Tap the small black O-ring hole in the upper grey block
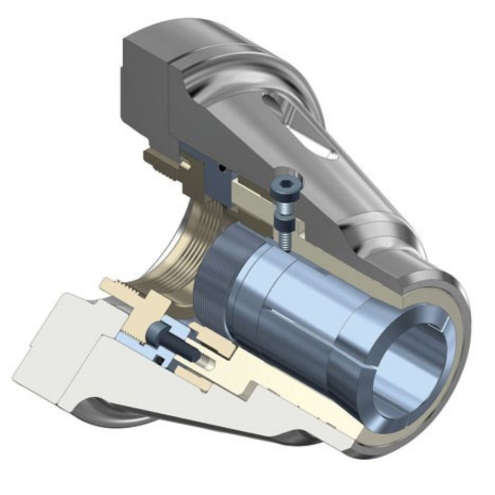[x=222, y=167]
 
